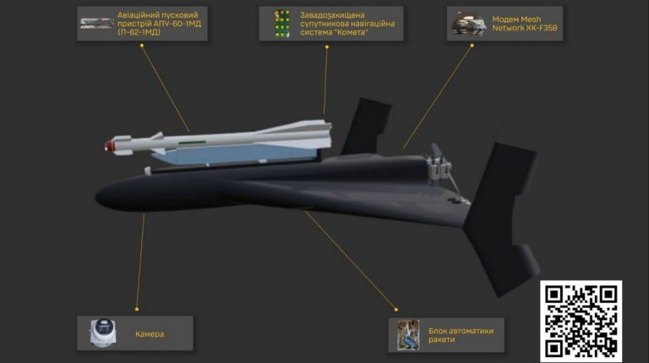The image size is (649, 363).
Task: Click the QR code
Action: click(x=581, y=321)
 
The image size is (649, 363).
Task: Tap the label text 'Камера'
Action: click(x=150, y=334)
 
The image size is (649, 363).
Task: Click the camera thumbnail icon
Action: click(x=103, y=333)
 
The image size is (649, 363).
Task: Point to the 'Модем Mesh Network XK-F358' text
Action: click(x=524, y=24)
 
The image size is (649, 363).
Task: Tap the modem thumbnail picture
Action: click(x=467, y=24)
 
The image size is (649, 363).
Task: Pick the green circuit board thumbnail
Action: click(x=281, y=24)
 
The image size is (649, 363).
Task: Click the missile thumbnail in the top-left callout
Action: click(x=96, y=23)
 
